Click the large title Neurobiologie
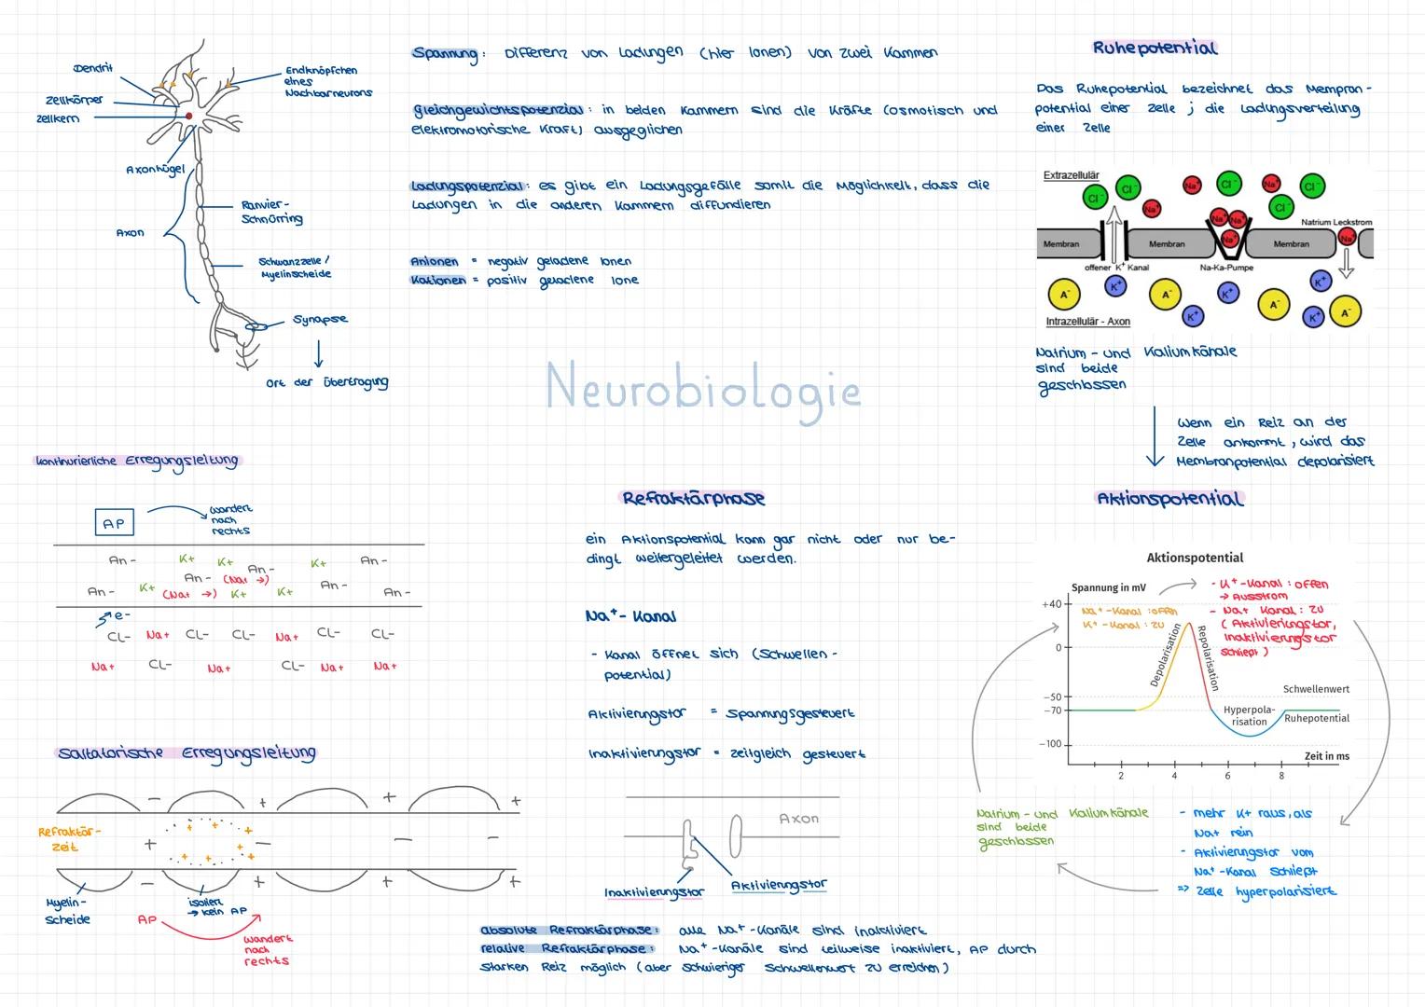[702, 387]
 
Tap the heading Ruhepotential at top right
[1155, 48]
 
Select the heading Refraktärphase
[693, 498]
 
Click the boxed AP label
[114, 523]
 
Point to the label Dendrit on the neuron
[92, 68]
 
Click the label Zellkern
[58, 118]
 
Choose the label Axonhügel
[155, 171]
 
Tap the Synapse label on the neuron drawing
[320, 319]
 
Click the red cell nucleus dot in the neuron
[188, 116]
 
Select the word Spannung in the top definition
[445, 54]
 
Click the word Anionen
[435, 261]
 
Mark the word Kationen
[437, 280]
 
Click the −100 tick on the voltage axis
[1050, 744]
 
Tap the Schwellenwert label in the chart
[1316, 689]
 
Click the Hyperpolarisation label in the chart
[1249, 715]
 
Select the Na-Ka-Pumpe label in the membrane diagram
[1226, 268]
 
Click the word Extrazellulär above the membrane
[1071, 175]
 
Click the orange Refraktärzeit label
[68, 839]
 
